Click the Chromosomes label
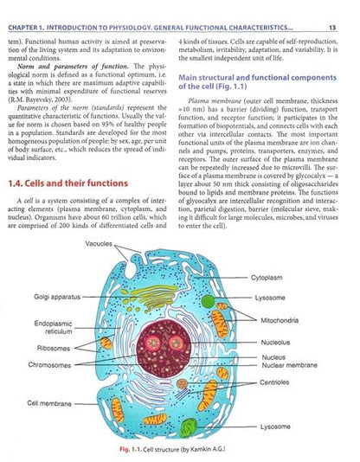[54, 364]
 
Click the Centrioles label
[276, 382]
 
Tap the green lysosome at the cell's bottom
[190, 427]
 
